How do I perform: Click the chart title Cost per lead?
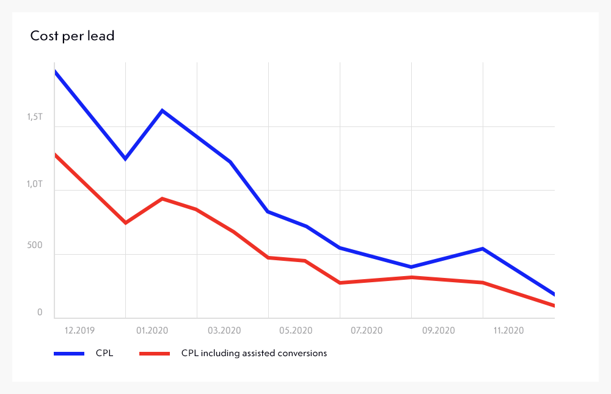72,36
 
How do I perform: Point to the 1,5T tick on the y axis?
35,117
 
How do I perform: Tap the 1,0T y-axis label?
35,183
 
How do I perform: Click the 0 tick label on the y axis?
40,313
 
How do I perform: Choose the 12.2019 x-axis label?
80,330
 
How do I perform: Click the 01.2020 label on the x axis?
152,330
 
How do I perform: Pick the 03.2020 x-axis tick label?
224,330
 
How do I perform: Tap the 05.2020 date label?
296,330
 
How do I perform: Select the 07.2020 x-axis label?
367,330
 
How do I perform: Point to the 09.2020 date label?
438,330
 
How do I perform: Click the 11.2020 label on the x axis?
509,330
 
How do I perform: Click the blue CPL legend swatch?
69,353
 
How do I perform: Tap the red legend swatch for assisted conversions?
155,353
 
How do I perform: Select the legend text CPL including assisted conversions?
254,353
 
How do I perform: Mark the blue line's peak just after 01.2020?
162,111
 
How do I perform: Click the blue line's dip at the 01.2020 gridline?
125,159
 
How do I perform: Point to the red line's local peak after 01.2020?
162,199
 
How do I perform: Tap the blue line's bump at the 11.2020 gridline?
483,249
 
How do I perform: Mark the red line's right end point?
554,305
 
